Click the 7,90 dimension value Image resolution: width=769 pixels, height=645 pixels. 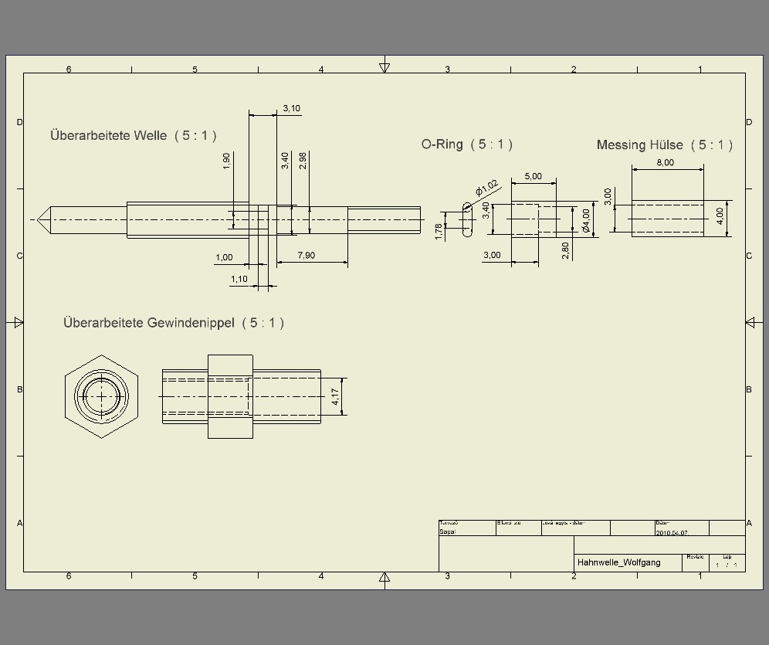coord(306,256)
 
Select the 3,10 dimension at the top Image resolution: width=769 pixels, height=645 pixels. coord(291,108)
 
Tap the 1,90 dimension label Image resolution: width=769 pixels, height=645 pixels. coord(226,161)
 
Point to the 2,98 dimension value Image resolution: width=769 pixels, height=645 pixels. coord(303,161)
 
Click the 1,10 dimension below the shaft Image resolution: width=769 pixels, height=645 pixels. coord(239,279)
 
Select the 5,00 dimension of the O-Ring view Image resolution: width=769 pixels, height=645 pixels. coord(533,176)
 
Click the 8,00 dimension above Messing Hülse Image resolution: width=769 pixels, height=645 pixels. coord(665,162)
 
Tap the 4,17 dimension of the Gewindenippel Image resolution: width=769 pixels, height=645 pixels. coord(335,397)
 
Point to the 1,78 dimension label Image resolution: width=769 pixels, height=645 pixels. coord(439,232)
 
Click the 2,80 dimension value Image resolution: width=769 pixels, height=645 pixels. coord(565,250)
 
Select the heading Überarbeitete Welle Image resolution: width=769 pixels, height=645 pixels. coord(108,135)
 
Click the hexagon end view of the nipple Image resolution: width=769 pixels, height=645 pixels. coord(101,396)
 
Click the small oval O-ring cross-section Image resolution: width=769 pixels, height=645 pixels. coord(467,220)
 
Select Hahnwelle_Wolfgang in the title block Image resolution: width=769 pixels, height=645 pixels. coord(618,562)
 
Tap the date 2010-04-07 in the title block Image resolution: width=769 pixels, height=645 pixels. coord(671,533)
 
